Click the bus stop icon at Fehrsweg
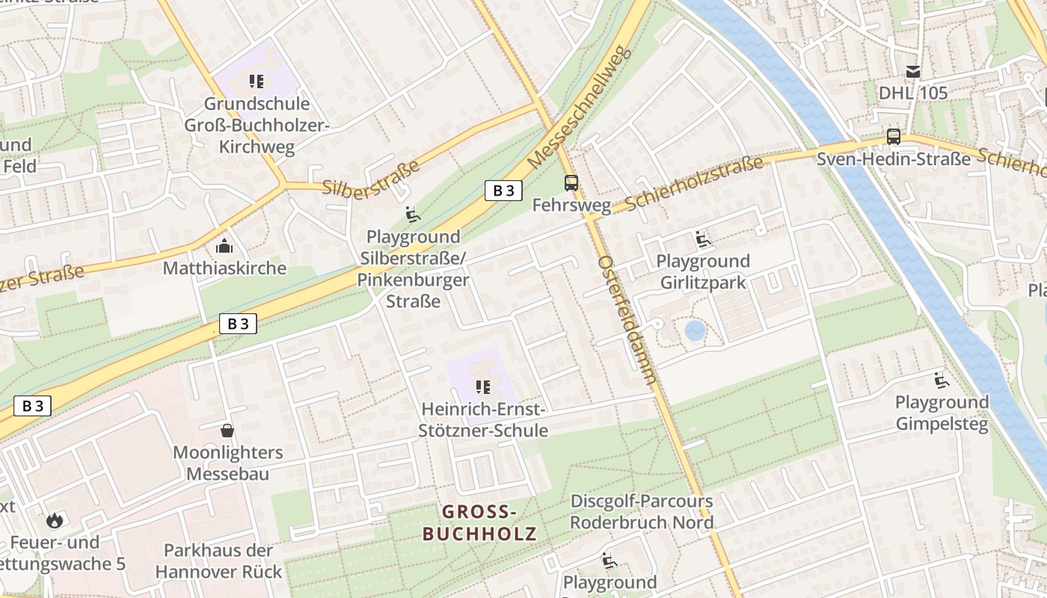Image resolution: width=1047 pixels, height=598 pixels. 571,183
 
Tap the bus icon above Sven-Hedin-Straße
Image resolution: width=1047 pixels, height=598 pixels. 893,136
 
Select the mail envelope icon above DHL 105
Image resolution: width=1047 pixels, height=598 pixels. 912,72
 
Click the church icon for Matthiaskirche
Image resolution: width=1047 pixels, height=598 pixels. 224,246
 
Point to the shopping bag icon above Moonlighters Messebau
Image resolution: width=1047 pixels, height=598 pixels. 227,431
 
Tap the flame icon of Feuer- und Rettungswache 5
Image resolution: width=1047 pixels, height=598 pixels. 54,520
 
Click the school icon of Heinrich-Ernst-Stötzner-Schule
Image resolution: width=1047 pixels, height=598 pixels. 483,387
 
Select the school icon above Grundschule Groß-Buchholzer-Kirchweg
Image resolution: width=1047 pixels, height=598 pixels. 257,81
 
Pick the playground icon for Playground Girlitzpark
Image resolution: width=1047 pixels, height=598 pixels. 702,239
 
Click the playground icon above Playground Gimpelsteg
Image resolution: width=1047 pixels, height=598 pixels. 941,380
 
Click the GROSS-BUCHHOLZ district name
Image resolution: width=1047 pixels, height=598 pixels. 479,523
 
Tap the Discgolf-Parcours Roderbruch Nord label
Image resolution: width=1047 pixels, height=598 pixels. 642,511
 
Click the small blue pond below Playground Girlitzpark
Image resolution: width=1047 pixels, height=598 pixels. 695,330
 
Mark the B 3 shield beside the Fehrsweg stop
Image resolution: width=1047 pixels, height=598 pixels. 503,191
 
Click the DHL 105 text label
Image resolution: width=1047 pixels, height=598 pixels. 912,93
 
